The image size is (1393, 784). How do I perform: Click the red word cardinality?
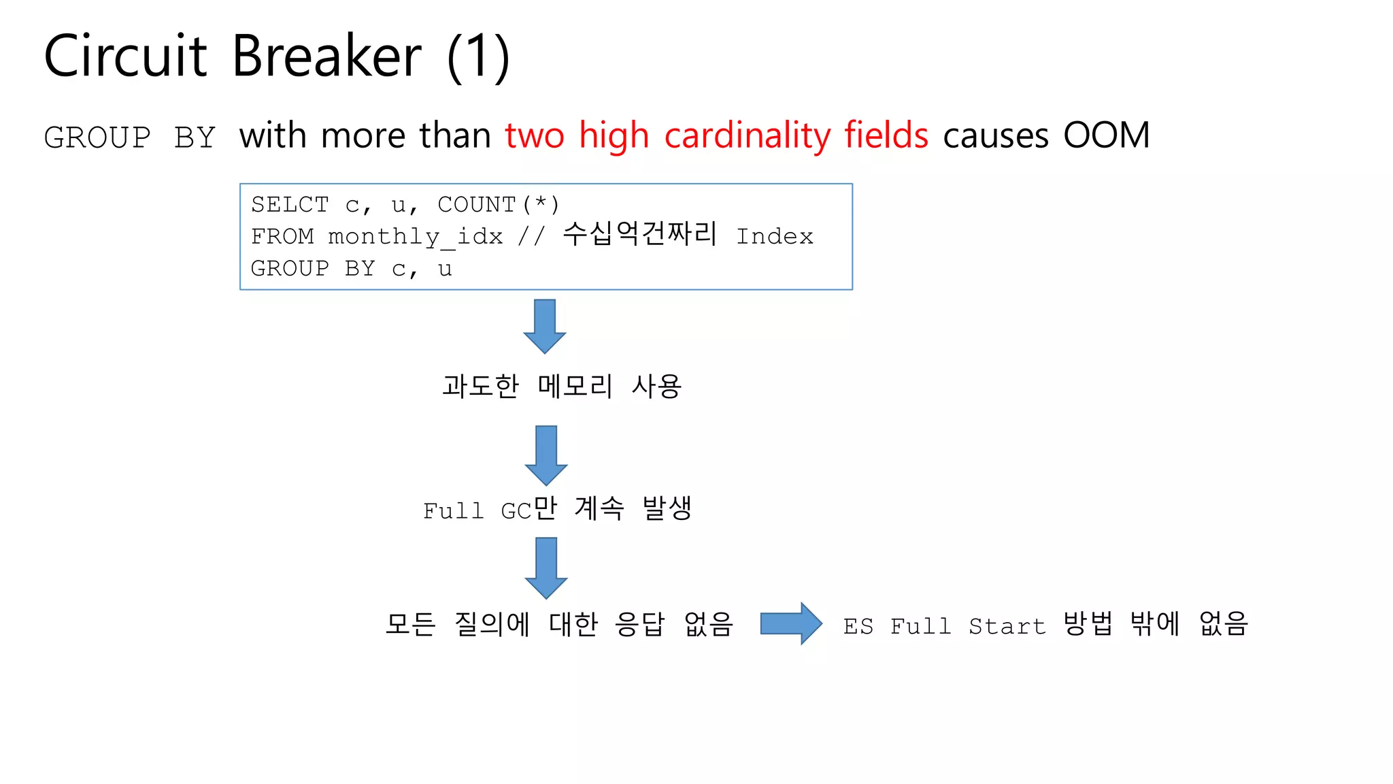(747, 135)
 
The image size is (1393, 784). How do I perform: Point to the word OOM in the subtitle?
(1106, 135)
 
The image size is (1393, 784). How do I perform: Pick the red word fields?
(886, 135)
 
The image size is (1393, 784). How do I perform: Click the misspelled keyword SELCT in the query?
(290, 204)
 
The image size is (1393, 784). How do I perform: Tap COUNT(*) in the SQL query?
(498, 204)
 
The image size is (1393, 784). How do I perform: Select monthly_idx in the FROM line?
(416, 237)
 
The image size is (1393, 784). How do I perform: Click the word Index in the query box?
(775, 237)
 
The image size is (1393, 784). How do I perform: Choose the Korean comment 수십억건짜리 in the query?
(639, 234)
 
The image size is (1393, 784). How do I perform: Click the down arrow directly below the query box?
(545, 326)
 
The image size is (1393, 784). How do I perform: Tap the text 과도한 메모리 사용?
(562, 386)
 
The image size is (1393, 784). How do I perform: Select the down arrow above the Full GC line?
(546, 455)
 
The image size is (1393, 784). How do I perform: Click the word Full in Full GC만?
(453, 510)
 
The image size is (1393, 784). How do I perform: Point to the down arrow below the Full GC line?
(546, 567)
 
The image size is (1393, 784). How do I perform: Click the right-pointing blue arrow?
(790, 623)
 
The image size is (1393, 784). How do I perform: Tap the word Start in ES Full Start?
(1007, 626)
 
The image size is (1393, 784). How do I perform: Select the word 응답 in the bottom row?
(639, 623)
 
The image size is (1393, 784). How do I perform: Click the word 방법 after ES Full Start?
(1088, 623)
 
